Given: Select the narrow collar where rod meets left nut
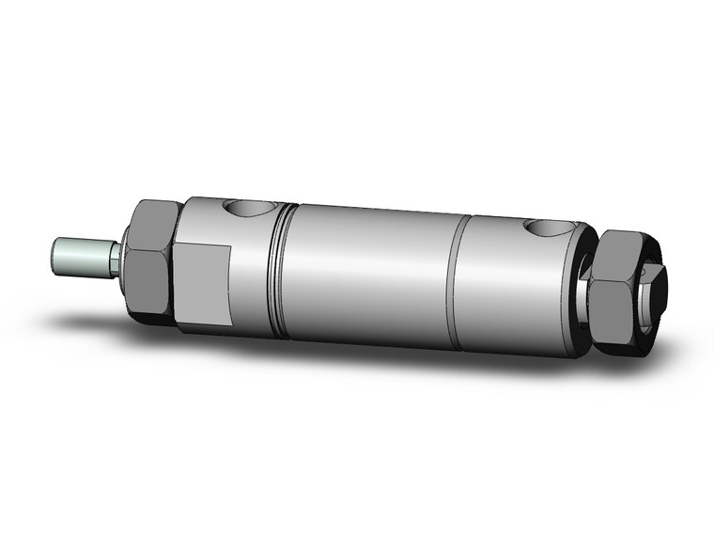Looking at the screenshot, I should coord(116,260).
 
